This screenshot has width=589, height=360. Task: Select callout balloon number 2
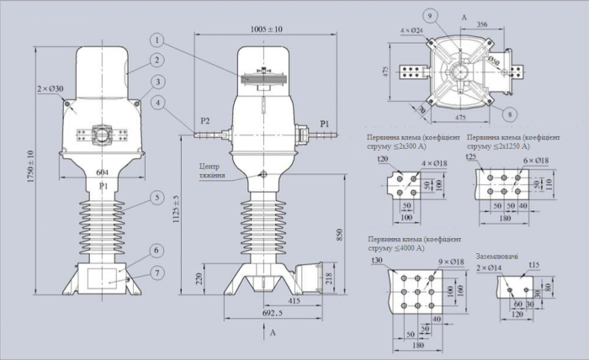coord(157,60)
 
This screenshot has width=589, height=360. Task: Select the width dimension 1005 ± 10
coord(266,29)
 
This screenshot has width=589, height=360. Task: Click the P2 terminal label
coord(203,120)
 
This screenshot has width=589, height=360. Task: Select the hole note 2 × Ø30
coord(50,89)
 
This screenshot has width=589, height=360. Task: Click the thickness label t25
coord(472,156)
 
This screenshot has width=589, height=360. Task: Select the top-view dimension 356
coord(482,25)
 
